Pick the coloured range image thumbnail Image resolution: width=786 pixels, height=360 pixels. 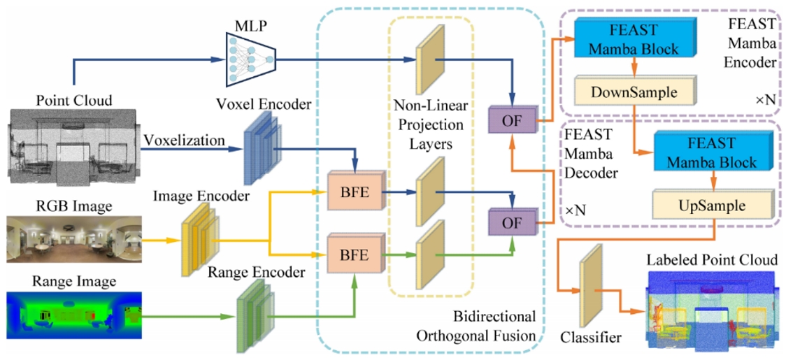75,312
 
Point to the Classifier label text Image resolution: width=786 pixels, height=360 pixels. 590,338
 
